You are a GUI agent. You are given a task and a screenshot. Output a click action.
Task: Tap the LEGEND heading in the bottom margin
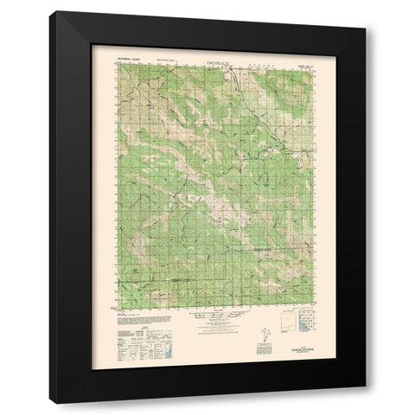pos(127,321)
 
